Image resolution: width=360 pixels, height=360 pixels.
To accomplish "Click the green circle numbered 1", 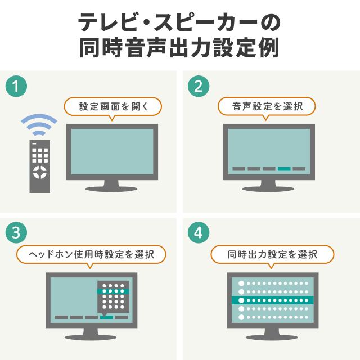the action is click(16, 86).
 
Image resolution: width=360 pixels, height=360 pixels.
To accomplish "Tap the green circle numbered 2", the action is click(199, 86).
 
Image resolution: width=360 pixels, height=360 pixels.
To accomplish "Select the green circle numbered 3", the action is click(16, 232).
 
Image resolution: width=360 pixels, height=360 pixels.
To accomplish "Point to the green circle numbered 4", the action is click(199, 232).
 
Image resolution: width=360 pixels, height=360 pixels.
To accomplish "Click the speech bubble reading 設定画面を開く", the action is click(113, 106).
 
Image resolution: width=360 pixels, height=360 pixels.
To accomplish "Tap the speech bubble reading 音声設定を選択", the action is click(267, 106).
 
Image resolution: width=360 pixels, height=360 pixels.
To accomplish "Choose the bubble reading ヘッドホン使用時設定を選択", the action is click(91, 254).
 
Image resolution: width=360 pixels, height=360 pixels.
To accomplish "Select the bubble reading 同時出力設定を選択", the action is click(272, 254).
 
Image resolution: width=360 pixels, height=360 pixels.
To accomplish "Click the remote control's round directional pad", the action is click(40, 172).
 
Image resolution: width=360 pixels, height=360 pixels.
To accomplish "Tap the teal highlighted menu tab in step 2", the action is click(284, 169).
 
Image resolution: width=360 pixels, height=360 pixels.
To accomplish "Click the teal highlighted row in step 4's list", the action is click(272, 300).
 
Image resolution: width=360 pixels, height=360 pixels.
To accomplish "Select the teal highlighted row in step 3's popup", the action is click(113, 291).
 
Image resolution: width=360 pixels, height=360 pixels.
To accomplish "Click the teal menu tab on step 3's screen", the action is click(106, 317).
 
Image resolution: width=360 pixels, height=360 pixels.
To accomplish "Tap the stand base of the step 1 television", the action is click(111, 189).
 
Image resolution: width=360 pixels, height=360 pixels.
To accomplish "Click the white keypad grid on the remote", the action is click(40, 155).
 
